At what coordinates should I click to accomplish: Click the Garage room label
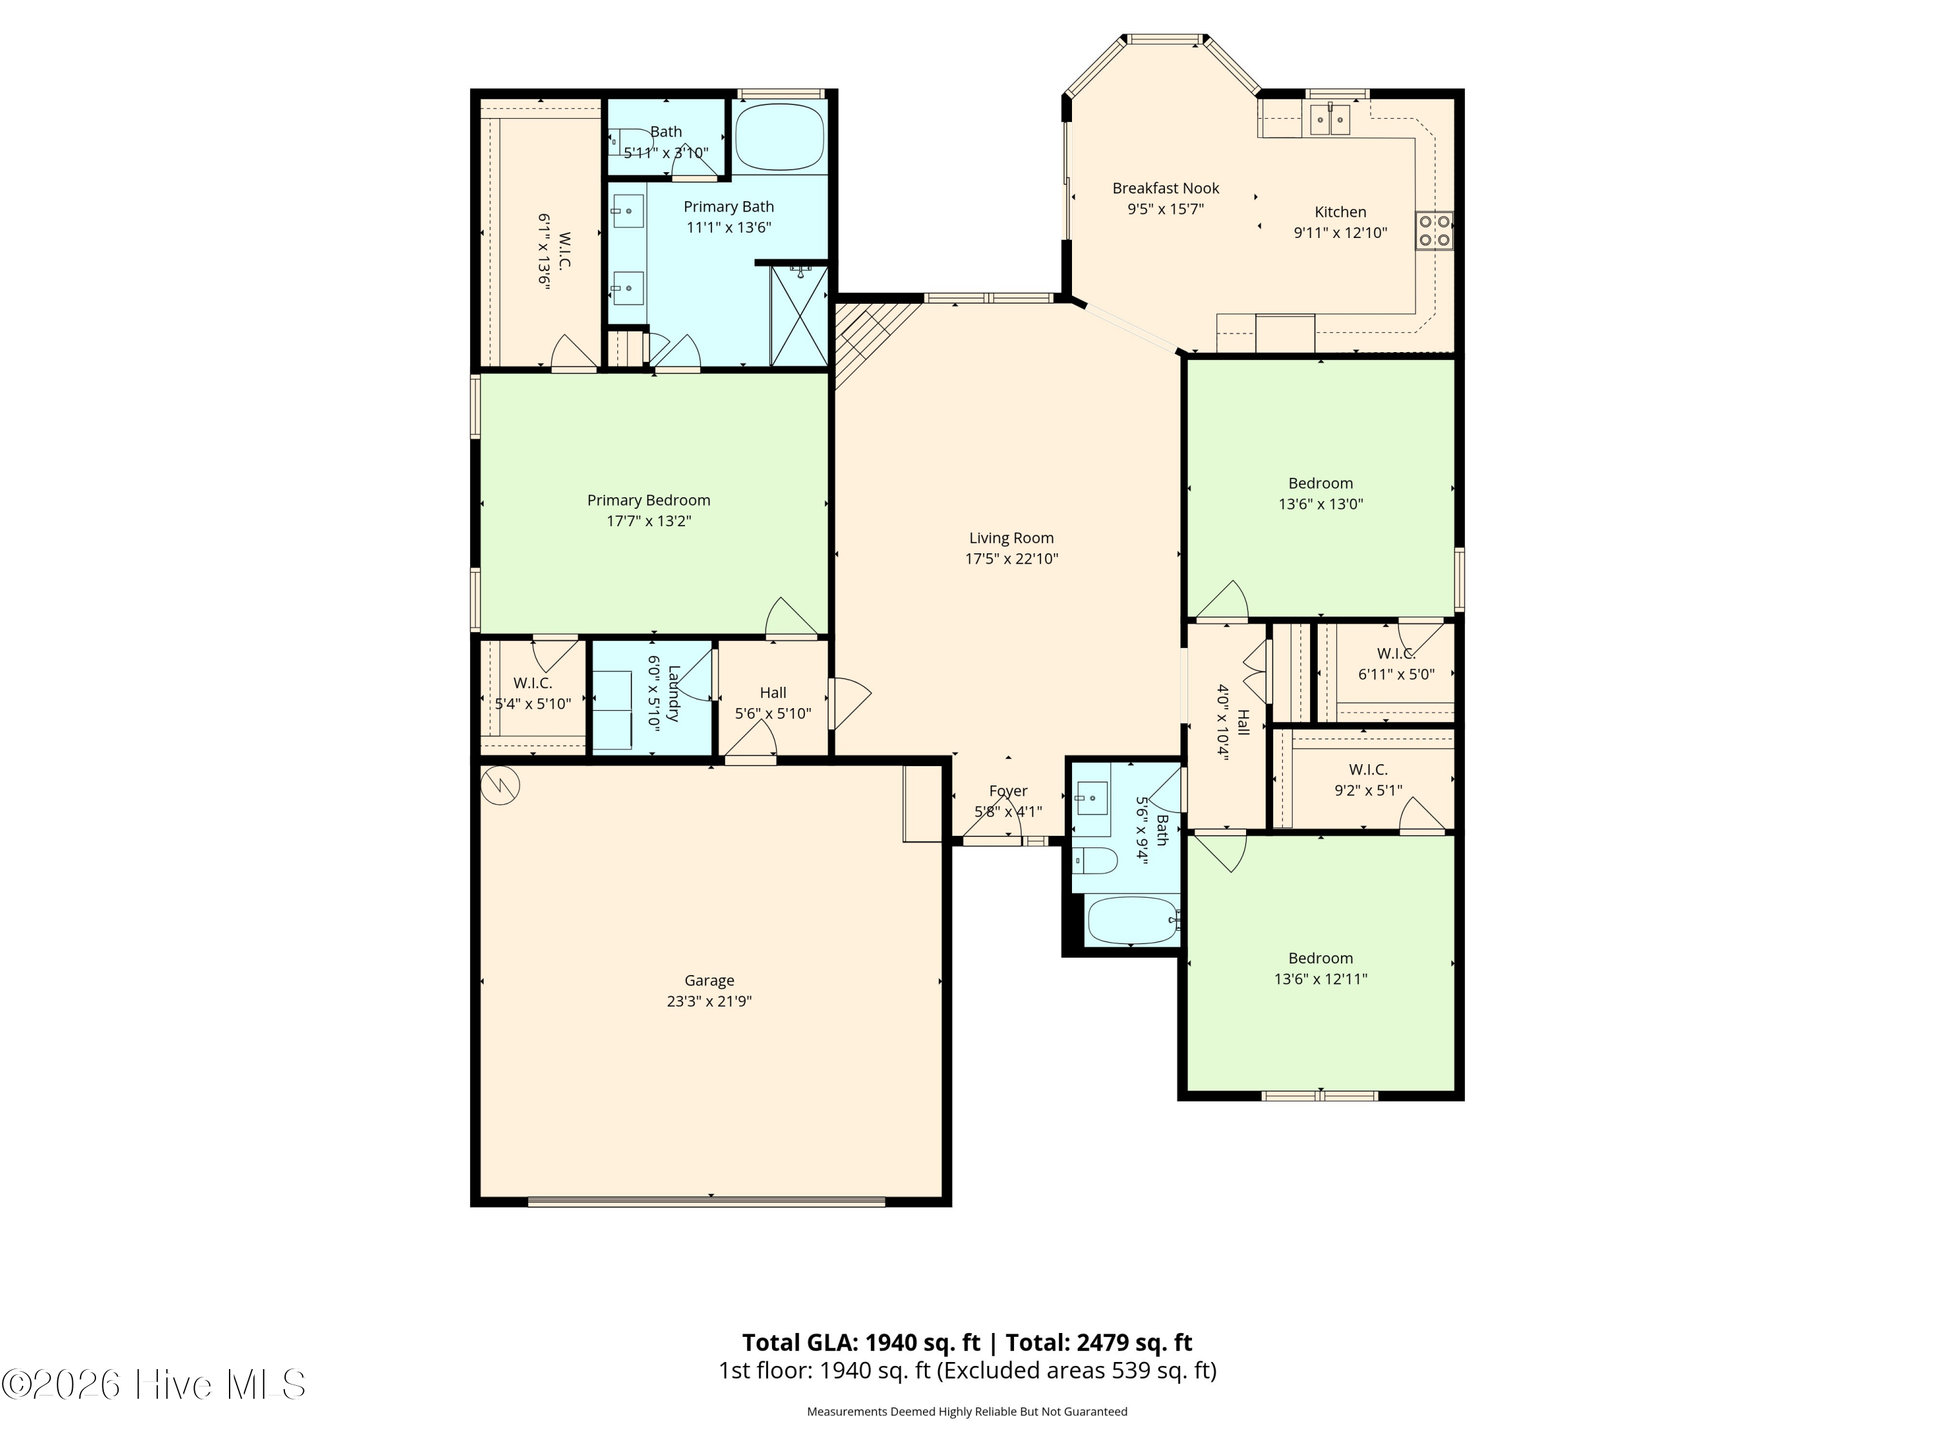[x=709, y=980]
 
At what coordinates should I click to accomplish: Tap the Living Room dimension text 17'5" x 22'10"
[x=1011, y=559]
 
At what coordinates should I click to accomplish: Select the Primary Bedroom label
[x=648, y=500]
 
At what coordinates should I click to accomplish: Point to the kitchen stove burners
[x=1434, y=231]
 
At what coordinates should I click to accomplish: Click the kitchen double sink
[x=1329, y=119]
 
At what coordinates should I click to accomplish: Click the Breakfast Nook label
[x=1166, y=188]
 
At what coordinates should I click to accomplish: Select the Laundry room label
[x=673, y=693]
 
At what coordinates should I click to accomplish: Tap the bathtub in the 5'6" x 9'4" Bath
[x=1132, y=920]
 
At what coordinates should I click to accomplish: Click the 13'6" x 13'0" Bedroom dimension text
[x=1321, y=504]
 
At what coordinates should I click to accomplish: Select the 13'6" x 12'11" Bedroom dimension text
[x=1321, y=979]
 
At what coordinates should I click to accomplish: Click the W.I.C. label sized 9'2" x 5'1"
[x=1368, y=769]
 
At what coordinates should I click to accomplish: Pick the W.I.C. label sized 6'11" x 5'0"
[x=1396, y=653]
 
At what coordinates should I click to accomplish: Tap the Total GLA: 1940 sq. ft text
[x=862, y=1343]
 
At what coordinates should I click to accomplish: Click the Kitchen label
[x=1340, y=212]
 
